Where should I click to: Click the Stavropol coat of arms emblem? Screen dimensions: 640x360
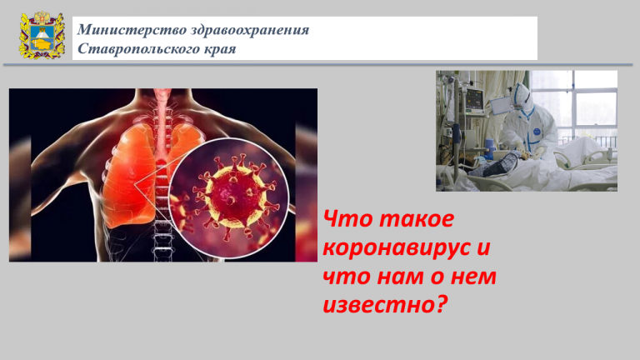pyautogui.click(x=42, y=36)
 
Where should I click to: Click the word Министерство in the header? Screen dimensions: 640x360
pyautogui.click(x=132, y=30)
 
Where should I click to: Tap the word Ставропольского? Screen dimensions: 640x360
pyautogui.click(x=143, y=49)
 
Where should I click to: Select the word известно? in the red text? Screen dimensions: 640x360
pyautogui.click(x=385, y=304)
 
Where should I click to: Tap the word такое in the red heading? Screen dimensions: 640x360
pyautogui.click(x=417, y=219)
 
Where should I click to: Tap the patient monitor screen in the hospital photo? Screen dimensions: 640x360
pyautogui.click(x=475, y=98)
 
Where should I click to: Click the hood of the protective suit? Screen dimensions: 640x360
pyautogui.click(x=521, y=97)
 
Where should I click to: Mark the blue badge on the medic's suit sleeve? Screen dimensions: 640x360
pyautogui.click(x=537, y=132)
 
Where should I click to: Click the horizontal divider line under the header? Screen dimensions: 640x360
pyautogui.click(x=318, y=65)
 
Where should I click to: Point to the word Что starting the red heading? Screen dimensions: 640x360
pyautogui.click(x=347, y=219)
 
